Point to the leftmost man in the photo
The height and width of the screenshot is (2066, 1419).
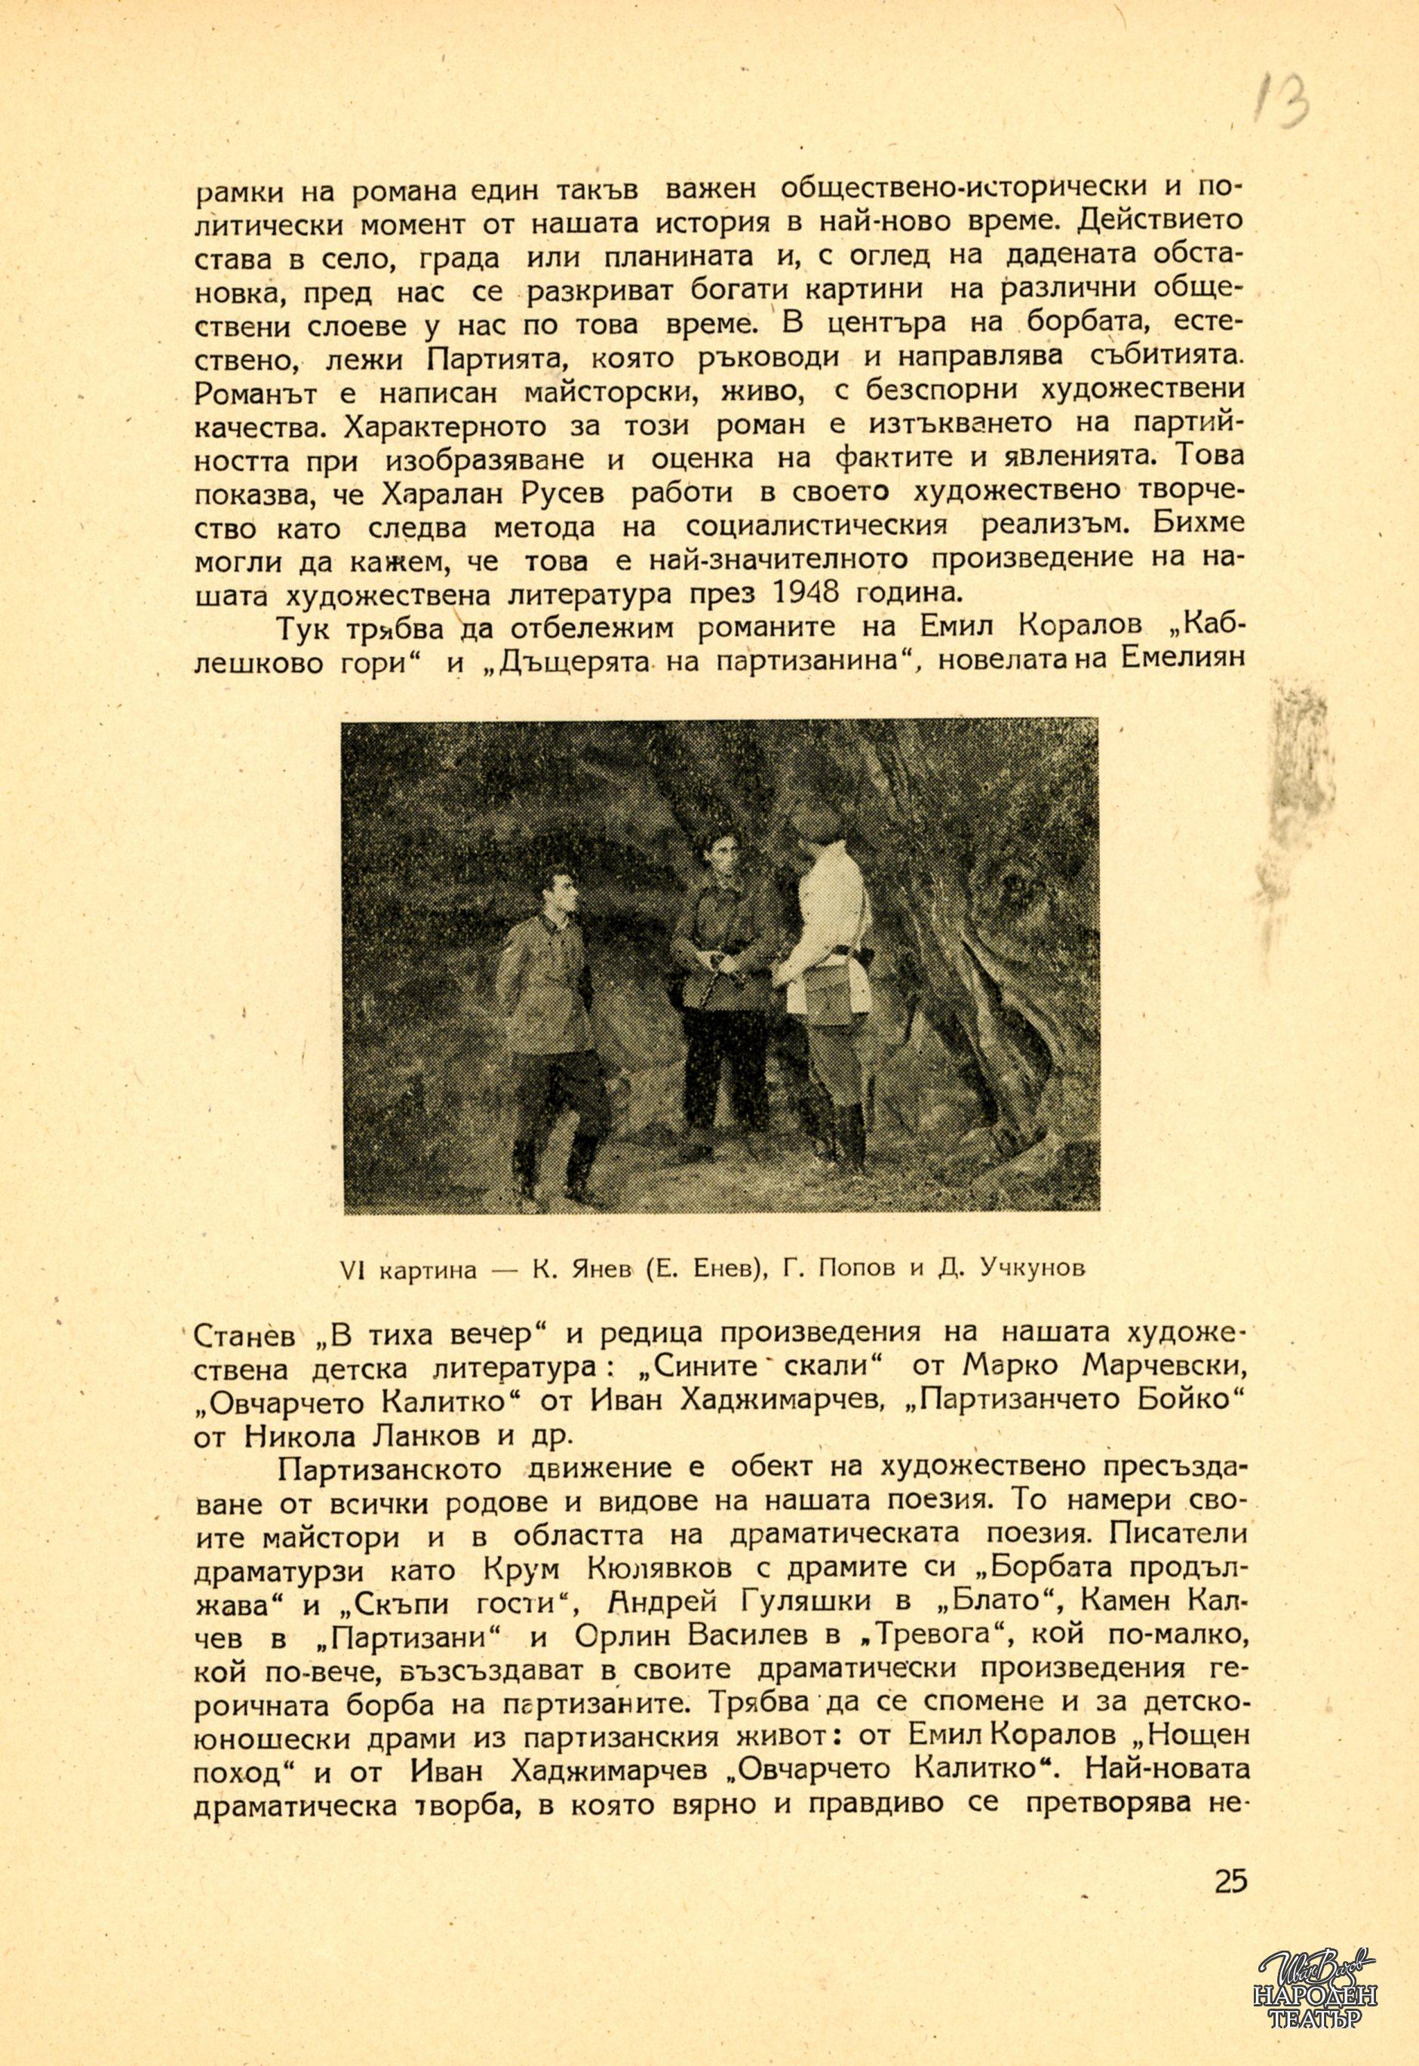click(x=545, y=1014)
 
